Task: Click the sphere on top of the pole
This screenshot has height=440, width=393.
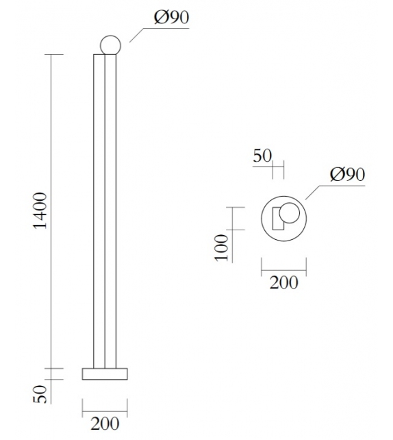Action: coord(110,45)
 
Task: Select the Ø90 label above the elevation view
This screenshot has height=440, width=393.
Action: coord(171,18)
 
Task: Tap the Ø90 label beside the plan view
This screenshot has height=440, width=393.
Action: coord(347,175)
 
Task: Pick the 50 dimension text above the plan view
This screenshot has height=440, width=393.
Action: coord(262,156)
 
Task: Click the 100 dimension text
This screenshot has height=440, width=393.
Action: coord(221,248)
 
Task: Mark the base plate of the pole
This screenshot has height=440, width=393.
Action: coord(105,374)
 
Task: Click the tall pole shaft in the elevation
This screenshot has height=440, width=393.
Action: coord(105,206)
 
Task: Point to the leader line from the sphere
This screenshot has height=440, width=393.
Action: coord(140,32)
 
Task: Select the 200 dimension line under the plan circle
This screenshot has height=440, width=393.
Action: coord(283,266)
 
